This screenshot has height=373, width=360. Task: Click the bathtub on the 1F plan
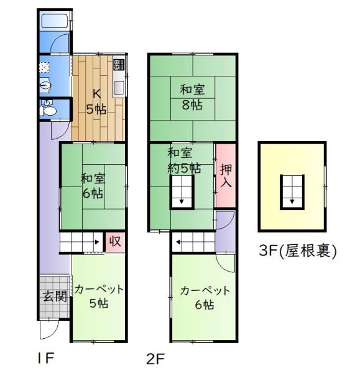(x=55, y=21)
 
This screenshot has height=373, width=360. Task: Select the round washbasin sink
(x=45, y=85)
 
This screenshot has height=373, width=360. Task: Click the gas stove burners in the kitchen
(x=119, y=64)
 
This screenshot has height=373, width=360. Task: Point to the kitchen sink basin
(x=119, y=88)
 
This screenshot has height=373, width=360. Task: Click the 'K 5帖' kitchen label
(x=96, y=101)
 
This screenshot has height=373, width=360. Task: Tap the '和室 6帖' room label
(x=93, y=186)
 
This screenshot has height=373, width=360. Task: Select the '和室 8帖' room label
(x=192, y=98)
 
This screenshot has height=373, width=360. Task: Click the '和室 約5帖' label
(x=184, y=160)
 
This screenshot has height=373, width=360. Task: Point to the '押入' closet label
(x=226, y=175)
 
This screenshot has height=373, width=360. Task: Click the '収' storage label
(x=115, y=241)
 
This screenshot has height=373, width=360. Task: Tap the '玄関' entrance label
(x=55, y=296)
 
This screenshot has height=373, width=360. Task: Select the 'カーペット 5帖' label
(x=98, y=296)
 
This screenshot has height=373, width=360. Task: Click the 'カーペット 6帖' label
(x=205, y=297)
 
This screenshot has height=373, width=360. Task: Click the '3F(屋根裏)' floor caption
(x=298, y=251)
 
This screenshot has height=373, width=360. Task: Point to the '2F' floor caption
(x=155, y=359)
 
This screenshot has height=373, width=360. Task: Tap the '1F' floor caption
(x=46, y=357)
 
